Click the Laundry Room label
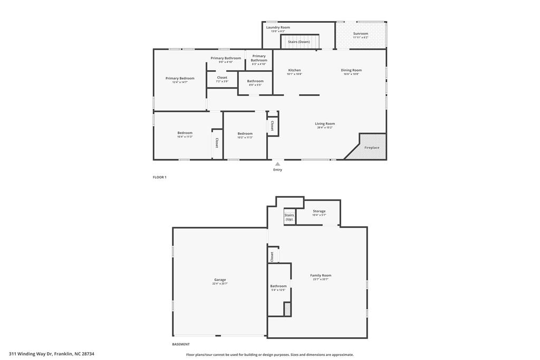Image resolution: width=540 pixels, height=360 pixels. (278, 27)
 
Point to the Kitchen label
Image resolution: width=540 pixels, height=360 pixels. (294, 70)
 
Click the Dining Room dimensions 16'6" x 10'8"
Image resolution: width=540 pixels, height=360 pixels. (351, 74)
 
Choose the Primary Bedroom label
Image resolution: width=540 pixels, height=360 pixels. (180, 78)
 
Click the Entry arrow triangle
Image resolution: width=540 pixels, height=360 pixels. (277, 164)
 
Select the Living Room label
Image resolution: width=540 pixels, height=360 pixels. (325, 124)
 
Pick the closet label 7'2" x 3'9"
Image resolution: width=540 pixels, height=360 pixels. (222, 81)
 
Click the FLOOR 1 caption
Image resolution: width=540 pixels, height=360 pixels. (159, 177)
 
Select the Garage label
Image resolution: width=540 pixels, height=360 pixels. (220, 280)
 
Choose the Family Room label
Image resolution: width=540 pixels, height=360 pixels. (321, 276)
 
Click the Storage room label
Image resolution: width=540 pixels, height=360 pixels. (319, 211)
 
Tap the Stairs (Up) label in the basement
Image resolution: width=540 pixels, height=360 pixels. (289, 217)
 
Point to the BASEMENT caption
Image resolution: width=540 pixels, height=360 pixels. (180, 344)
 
